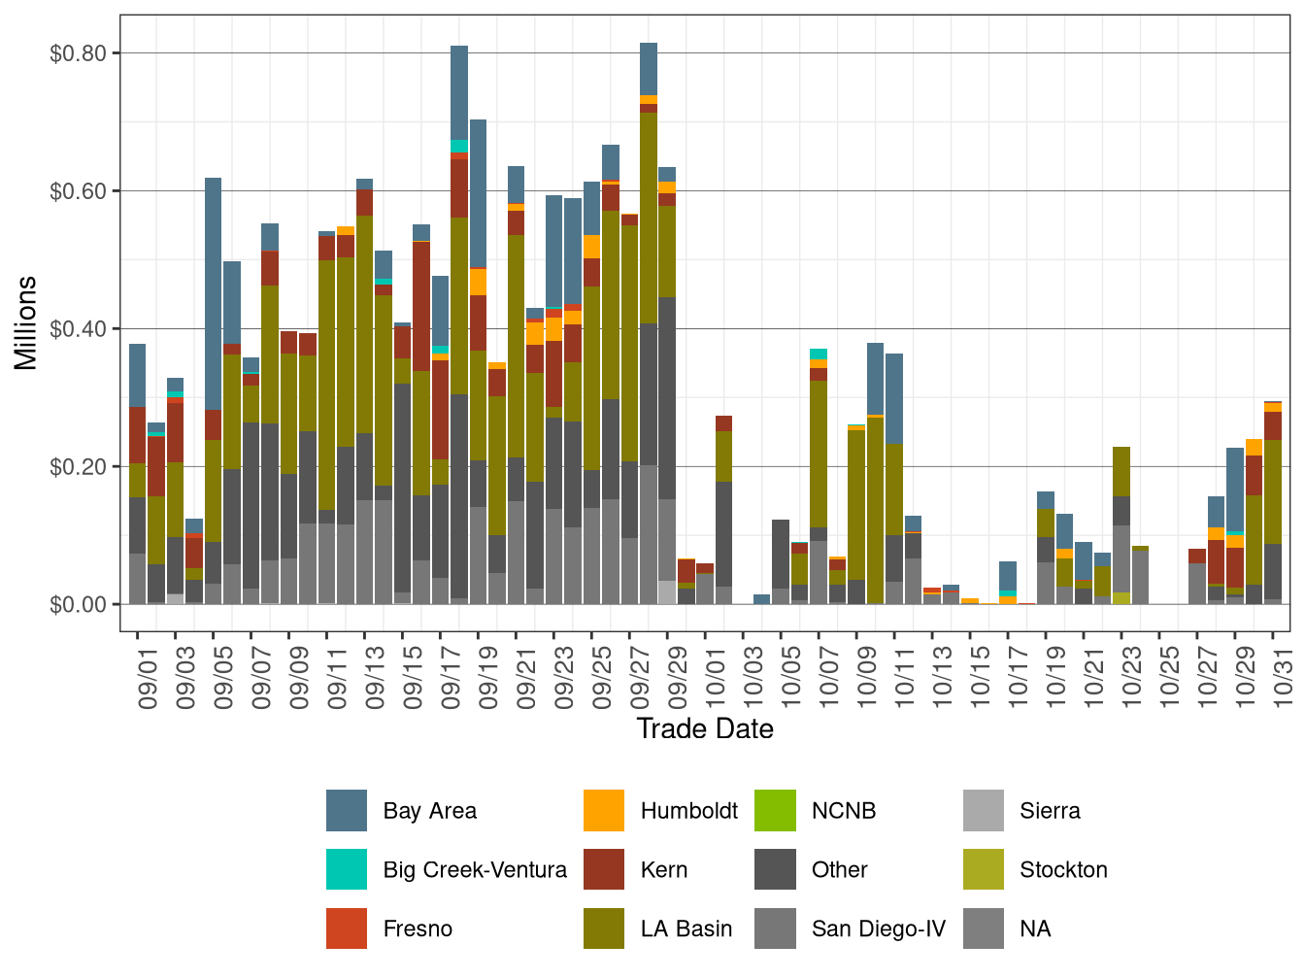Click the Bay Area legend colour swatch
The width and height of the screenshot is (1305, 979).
click(x=347, y=811)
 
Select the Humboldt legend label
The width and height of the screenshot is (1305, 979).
click(x=688, y=811)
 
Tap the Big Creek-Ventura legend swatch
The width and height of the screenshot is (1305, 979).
click(x=347, y=870)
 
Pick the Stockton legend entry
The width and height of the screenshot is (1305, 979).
click(x=1063, y=870)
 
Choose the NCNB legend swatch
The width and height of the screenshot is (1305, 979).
click(x=775, y=811)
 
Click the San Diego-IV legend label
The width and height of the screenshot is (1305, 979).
click(x=878, y=929)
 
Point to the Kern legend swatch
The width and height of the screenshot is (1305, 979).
click(x=604, y=870)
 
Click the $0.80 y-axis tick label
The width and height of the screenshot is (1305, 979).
click(x=78, y=53)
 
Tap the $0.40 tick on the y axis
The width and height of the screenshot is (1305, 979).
click(x=78, y=329)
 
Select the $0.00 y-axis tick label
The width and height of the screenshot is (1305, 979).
click(x=78, y=605)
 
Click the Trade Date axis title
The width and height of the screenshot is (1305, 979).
click(x=705, y=729)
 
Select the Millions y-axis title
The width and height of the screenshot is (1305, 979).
click(x=26, y=323)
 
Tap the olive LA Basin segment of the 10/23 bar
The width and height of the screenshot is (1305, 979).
click(x=1121, y=471)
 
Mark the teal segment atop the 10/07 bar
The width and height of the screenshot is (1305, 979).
click(x=819, y=354)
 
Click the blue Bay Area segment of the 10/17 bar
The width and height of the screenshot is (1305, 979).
click(x=1008, y=575)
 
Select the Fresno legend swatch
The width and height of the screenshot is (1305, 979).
click(x=347, y=929)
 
